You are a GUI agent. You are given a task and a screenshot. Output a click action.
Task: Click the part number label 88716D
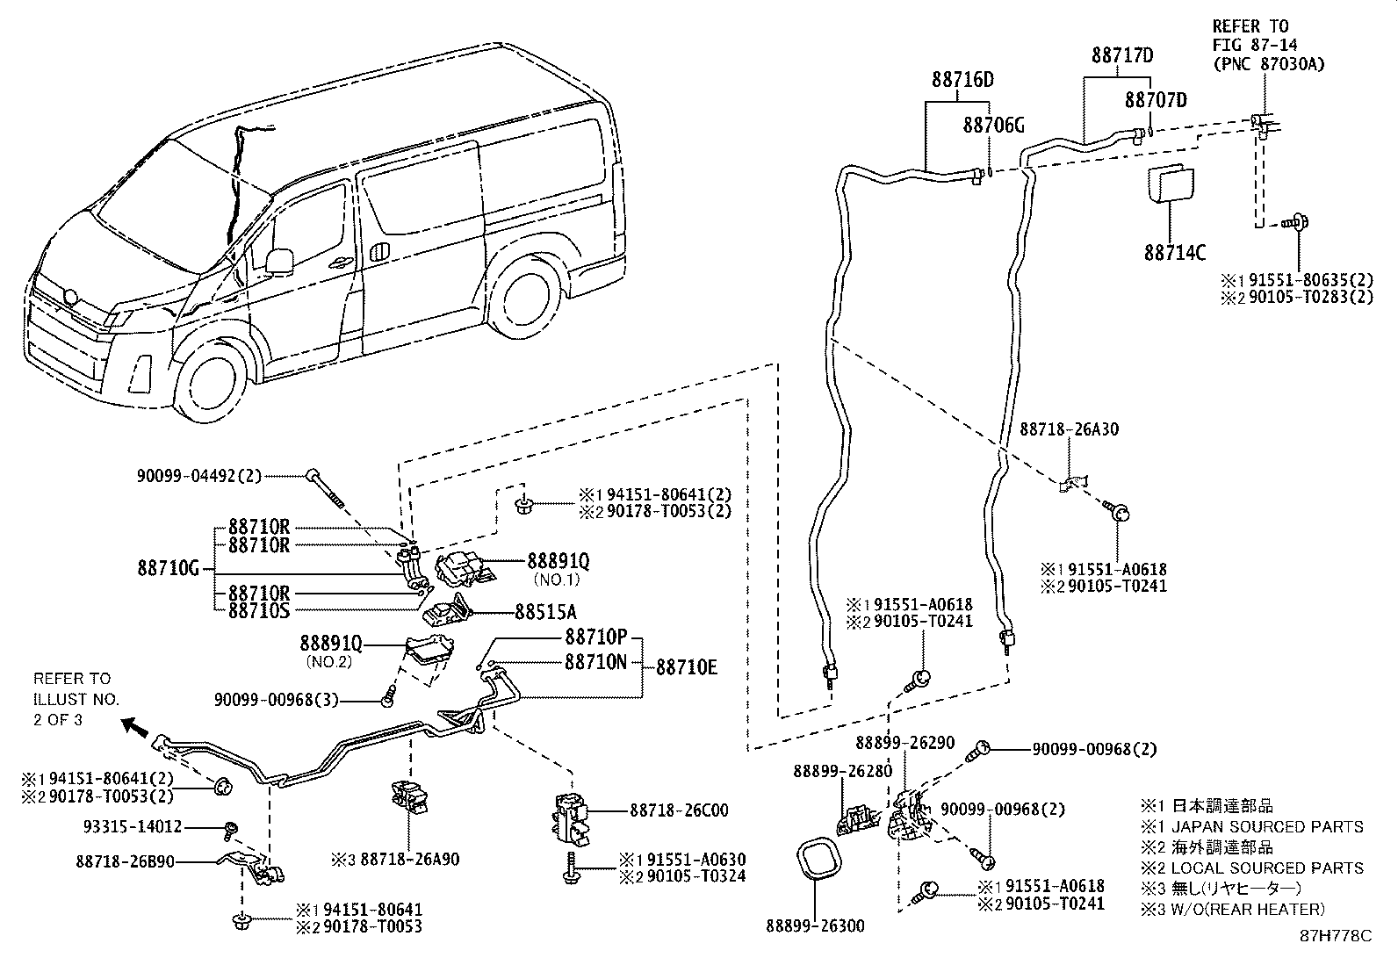point(962,80)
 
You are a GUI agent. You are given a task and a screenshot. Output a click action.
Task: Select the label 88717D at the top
point(1122,55)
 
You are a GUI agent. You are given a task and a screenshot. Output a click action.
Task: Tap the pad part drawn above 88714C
point(1172,185)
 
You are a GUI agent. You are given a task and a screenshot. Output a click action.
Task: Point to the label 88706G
point(993,126)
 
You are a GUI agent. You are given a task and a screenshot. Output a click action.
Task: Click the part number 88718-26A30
point(1069,429)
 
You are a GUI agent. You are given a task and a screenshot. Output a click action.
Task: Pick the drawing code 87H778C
point(1336,936)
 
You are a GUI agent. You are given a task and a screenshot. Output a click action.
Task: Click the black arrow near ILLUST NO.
point(134,725)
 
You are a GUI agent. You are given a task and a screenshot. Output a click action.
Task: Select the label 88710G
point(169,568)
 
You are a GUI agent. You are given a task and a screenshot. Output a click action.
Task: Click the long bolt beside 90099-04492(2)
point(323,486)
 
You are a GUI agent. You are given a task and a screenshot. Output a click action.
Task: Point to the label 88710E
point(687,667)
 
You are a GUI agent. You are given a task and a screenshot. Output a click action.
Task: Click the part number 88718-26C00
point(678,810)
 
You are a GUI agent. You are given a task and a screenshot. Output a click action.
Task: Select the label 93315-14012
point(134,826)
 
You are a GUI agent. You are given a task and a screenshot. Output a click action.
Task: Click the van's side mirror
point(278,260)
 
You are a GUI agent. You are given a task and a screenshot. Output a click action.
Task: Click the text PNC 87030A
point(1268,64)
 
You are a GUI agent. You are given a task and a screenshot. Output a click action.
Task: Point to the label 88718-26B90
point(125,862)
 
